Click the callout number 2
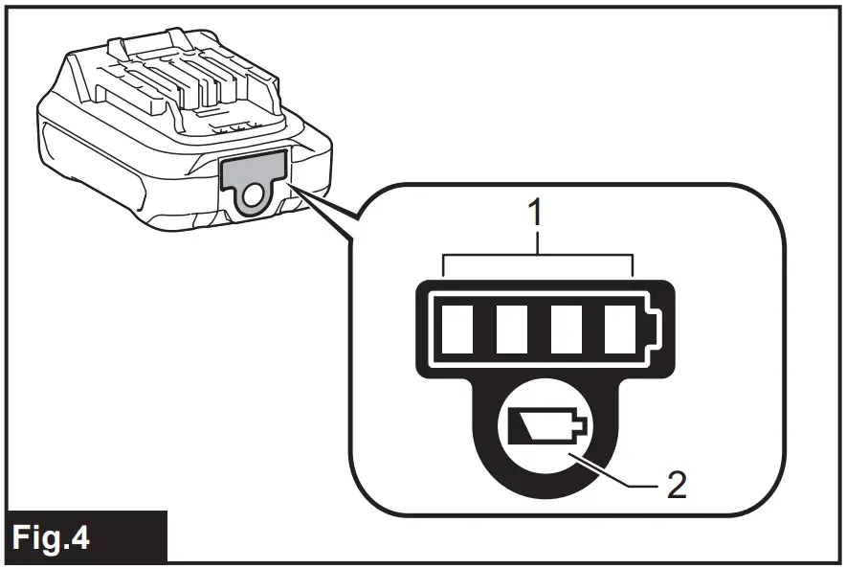click(x=677, y=485)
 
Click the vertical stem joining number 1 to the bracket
click(x=539, y=241)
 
